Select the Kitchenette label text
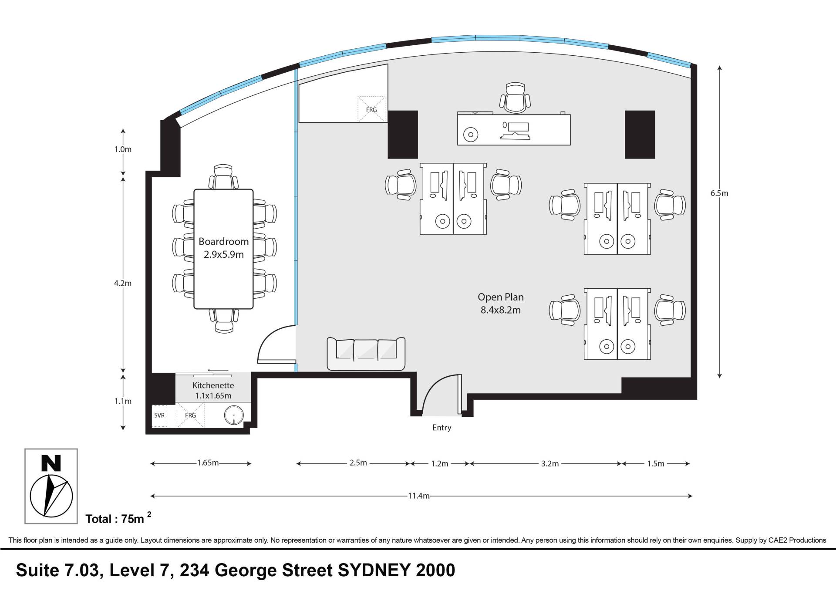coord(213,385)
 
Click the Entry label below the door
coord(442,428)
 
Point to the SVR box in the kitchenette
coord(159,415)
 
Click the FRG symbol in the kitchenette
coord(190,415)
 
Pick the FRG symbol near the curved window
coord(371,109)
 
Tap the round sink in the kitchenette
coord(234,415)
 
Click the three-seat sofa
coord(366,354)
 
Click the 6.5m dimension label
coord(719,193)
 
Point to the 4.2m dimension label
coord(123,283)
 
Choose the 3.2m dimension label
coord(549,464)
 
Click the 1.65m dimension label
coord(208,463)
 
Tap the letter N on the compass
coord(51,463)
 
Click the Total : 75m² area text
coord(118,518)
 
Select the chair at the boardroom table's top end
coord(223,177)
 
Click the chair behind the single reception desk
coord(515,97)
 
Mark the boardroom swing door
coord(277,344)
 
